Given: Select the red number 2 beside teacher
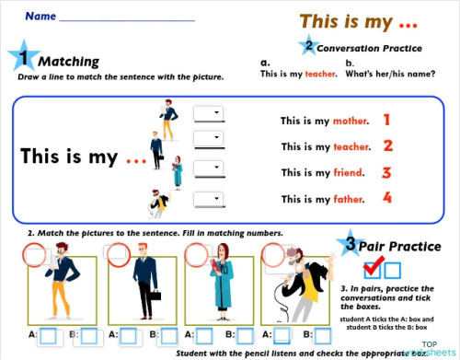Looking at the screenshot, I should tap(387, 145).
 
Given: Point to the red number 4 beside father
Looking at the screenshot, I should tap(387, 197).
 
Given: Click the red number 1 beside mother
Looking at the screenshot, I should tap(387, 120).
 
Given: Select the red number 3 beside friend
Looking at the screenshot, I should tap(387, 171).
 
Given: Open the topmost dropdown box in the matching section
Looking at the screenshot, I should tap(208, 112).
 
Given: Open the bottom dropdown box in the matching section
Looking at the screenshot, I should tap(208, 197).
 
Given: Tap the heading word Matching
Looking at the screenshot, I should tap(68, 62).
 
